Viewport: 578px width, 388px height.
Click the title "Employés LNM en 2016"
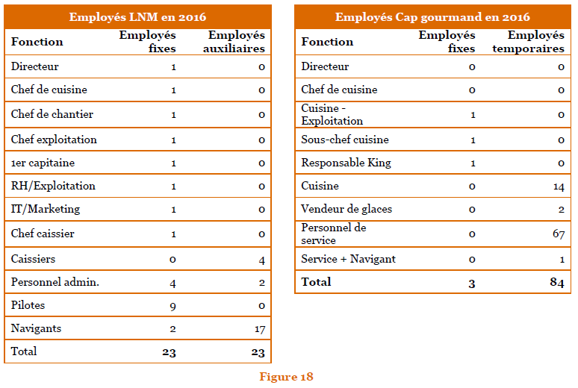click(137, 16)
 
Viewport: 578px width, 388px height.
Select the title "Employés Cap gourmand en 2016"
click(432, 16)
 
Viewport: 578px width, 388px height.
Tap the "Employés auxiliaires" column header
click(236, 42)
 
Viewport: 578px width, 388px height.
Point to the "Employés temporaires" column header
click(535, 42)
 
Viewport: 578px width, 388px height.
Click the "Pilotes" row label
click(28, 305)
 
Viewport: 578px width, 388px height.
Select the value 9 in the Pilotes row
click(173, 305)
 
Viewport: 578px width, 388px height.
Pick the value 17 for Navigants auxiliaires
click(259, 328)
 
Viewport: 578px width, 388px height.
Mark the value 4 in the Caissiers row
click(262, 259)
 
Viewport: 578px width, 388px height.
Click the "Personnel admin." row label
click(55, 282)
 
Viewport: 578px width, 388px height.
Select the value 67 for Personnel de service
click(558, 235)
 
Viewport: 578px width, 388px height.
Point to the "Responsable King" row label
click(346, 163)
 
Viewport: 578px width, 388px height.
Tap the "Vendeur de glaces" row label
click(346, 209)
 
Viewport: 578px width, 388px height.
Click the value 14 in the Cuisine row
click(559, 187)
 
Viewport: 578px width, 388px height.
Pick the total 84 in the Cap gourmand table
click(556, 282)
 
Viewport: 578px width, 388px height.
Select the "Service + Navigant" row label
click(348, 259)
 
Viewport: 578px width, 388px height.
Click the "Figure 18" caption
click(286, 376)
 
